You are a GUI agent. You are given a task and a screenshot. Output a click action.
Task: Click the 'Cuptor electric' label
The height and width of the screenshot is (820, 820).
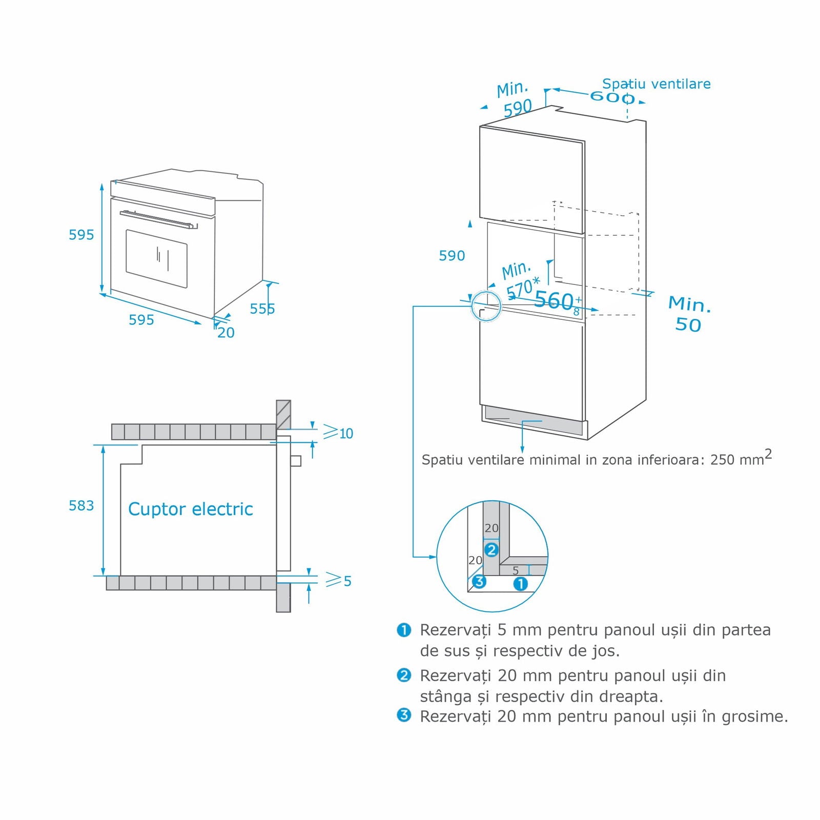pyautogui.click(x=190, y=509)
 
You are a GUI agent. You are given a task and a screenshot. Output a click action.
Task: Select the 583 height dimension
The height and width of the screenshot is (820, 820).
pyautogui.click(x=81, y=506)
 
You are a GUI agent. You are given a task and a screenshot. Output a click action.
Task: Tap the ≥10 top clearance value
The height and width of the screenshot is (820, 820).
pyautogui.click(x=339, y=433)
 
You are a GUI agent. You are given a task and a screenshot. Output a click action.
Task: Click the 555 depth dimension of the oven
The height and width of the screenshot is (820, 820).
pyautogui.click(x=262, y=309)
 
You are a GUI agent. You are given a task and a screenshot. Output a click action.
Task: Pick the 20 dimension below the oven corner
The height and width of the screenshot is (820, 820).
pyautogui.click(x=225, y=333)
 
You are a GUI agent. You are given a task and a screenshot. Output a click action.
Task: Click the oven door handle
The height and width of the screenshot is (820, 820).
pyautogui.click(x=158, y=219)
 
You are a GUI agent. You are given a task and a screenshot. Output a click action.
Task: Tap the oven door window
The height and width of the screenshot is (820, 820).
pyautogui.click(x=156, y=258)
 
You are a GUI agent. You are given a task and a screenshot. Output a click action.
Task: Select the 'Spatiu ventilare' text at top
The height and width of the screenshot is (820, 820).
pyautogui.click(x=656, y=84)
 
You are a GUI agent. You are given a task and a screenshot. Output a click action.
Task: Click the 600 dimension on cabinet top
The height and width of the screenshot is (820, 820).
pyautogui.click(x=612, y=96)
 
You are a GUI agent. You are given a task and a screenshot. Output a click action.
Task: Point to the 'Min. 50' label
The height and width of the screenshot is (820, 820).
pyautogui.click(x=689, y=314)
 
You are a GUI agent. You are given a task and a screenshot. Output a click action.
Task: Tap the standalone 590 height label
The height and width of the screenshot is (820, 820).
pyautogui.click(x=452, y=256)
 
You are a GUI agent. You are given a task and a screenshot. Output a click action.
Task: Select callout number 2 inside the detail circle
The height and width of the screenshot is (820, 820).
pyautogui.click(x=491, y=550)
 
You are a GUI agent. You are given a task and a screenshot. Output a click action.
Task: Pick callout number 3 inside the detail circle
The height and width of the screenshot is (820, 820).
pyautogui.click(x=479, y=581)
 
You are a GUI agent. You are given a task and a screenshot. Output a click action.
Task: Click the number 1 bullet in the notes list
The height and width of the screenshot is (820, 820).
pyautogui.click(x=404, y=630)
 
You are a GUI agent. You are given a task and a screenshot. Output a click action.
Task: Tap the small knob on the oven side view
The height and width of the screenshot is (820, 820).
pyautogui.click(x=296, y=460)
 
